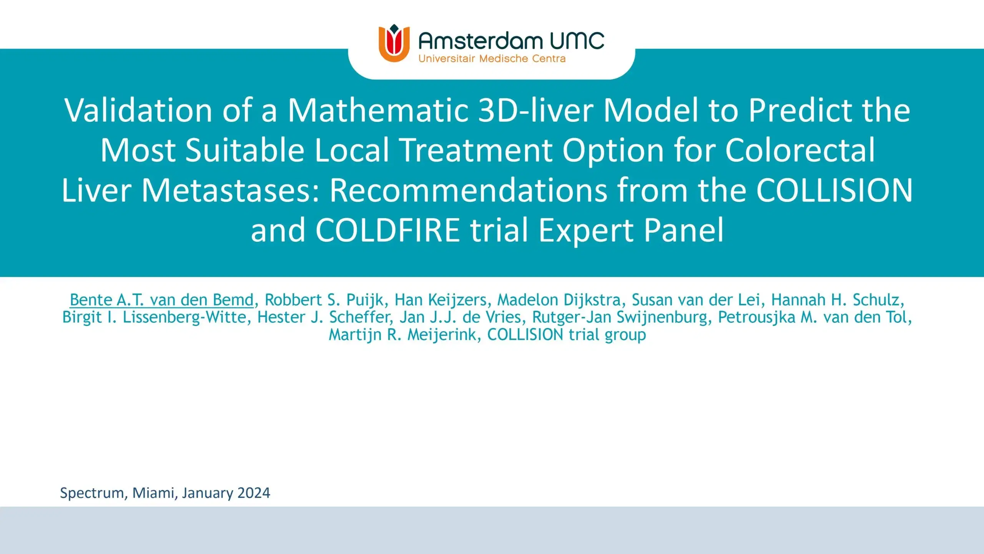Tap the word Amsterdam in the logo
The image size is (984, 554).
click(x=480, y=41)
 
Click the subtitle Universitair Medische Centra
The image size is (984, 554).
click(x=492, y=59)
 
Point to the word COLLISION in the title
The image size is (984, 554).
click(x=834, y=190)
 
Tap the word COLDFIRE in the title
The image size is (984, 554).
click(x=388, y=230)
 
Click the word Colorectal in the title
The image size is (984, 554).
click(x=799, y=150)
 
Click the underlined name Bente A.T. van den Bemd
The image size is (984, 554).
click(x=162, y=300)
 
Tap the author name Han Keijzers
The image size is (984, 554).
click(x=441, y=300)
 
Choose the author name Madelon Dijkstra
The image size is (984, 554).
click(x=559, y=300)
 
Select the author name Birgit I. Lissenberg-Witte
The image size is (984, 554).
click(x=154, y=317)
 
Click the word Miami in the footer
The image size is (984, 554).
click(x=153, y=493)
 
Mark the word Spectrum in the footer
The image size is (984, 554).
click(x=92, y=493)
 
